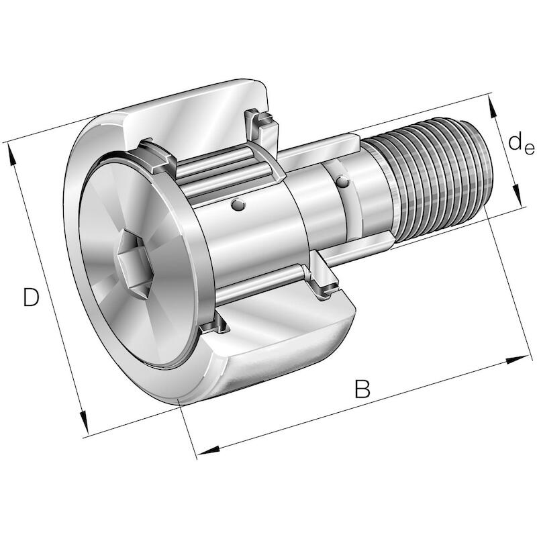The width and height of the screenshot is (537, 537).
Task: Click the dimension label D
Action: coord(31,297)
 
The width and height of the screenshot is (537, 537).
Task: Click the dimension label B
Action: coord(362,389)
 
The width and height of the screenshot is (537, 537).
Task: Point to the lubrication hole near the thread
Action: coord(342,181)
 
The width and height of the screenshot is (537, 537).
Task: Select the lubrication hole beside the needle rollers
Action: coord(238,205)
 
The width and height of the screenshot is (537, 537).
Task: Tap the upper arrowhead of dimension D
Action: coord(11,155)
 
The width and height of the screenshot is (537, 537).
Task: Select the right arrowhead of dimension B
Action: coord(517,360)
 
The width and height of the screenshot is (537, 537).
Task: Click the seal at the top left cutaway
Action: coord(156,156)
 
